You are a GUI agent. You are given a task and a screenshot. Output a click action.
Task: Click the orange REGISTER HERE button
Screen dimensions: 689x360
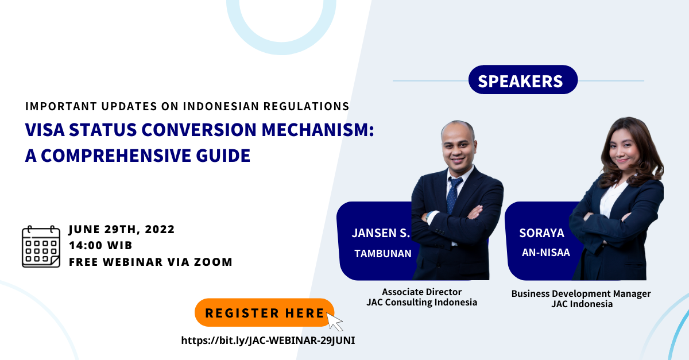[x=265, y=312]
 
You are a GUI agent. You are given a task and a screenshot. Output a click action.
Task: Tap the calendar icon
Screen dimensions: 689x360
[x=41, y=246]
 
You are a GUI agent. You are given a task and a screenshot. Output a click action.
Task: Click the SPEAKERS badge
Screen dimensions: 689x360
[x=523, y=80]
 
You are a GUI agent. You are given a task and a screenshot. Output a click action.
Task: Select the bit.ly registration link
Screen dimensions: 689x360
[x=268, y=340]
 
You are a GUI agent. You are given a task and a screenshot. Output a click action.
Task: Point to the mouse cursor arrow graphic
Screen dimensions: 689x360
[x=334, y=322]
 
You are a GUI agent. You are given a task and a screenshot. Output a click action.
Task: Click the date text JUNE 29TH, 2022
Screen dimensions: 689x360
[x=122, y=229]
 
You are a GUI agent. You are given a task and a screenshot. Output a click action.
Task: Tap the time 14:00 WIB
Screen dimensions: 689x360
[x=100, y=246]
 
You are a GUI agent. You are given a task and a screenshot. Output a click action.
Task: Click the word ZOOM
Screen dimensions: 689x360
[x=213, y=262]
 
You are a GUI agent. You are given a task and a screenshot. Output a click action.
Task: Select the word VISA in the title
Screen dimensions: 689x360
[x=45, y=130]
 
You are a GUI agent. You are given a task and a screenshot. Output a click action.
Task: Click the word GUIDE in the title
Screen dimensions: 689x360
[x=223, y=156]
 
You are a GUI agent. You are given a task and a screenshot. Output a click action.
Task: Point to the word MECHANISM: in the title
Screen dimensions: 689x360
[x=318, y=130]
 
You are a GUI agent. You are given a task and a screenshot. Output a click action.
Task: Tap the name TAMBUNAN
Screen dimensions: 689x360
[x=383, y=254]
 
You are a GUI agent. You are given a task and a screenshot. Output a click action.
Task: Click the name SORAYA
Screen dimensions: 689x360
[x=541, y=233]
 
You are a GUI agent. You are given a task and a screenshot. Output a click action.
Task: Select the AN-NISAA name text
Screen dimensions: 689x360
[x=546, y=253]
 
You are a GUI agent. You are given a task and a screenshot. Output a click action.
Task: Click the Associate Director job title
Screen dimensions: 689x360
[x=421, y=292]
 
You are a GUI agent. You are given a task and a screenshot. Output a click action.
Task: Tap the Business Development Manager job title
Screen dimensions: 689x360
[x=581, y=293]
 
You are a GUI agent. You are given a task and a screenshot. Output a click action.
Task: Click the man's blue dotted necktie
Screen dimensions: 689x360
[x=453, y=195]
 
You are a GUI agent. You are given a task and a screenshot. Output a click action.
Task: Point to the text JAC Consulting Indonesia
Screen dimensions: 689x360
[x=421, y=303]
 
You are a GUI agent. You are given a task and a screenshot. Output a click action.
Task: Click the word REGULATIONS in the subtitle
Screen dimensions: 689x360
[x=307, y=106]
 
